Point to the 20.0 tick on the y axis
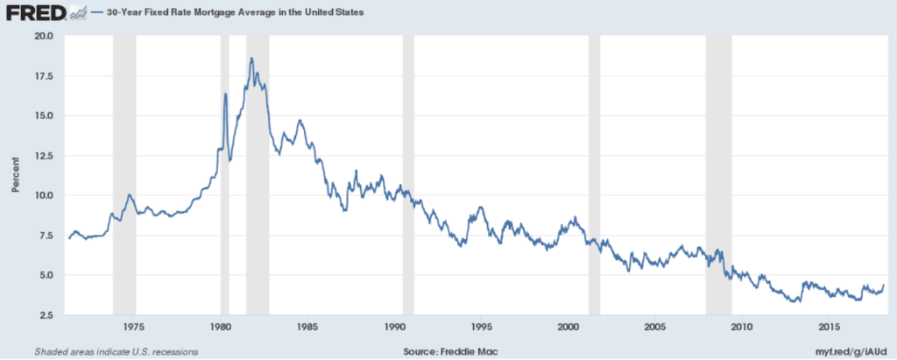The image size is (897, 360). pyautogui.click(x=43, y=36)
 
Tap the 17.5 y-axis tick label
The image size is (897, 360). pyautogui.click(x=43, y=76)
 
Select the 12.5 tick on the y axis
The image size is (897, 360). pyautogui.click(x=43, y=156)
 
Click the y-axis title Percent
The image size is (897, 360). pyautogui.click(x=15, y=175)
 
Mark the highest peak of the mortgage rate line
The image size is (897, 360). pyautogui.click(x=251, y=59)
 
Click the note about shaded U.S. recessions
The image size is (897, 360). pyautogui.click(x=116, y=351)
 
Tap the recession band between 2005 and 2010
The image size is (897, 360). pyautogui.click(x=718, y=175)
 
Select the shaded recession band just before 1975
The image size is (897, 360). pyautogui.click(x=124, y=175)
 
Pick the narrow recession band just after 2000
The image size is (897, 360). pyautogui.click(x=594, y=175)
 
